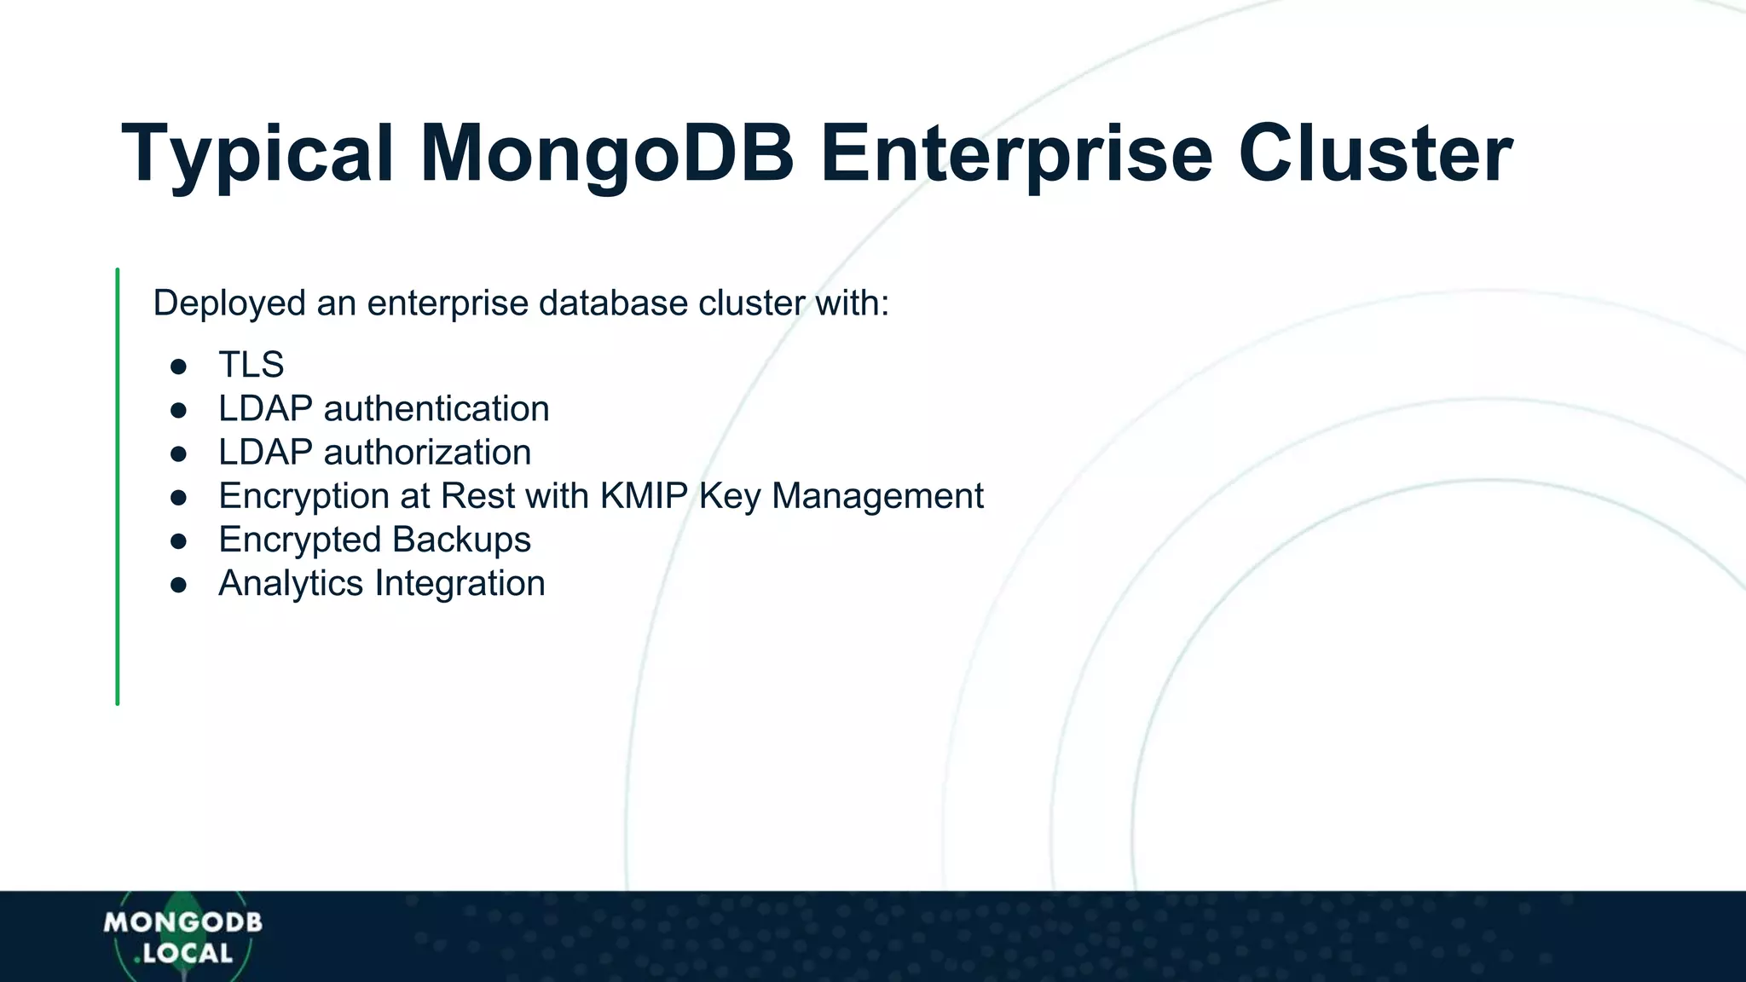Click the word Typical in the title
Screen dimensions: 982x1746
257,155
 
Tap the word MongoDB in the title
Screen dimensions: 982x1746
607,155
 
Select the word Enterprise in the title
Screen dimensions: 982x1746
1016,155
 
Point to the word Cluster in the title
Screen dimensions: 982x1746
1374,155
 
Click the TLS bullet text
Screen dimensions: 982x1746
251,365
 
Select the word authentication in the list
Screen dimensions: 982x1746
436,409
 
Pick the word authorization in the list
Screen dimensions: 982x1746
427,453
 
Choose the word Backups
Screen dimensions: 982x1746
461,540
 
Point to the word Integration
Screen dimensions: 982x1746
460,584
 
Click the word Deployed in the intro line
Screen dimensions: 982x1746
228,303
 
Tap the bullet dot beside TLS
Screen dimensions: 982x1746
178,367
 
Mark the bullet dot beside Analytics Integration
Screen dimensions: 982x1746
178,585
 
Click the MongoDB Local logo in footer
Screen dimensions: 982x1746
182,938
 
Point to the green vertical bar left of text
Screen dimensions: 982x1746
118,486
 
